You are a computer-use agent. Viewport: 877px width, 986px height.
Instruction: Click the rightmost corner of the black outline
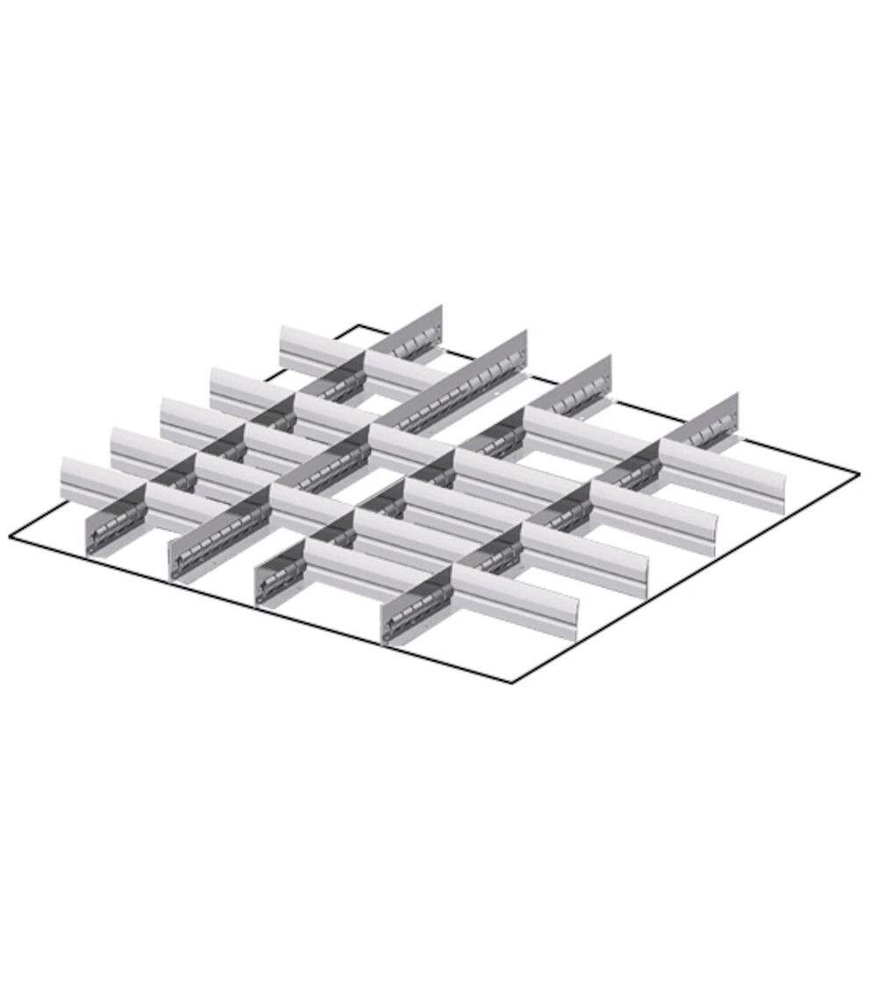click(859, 475)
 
